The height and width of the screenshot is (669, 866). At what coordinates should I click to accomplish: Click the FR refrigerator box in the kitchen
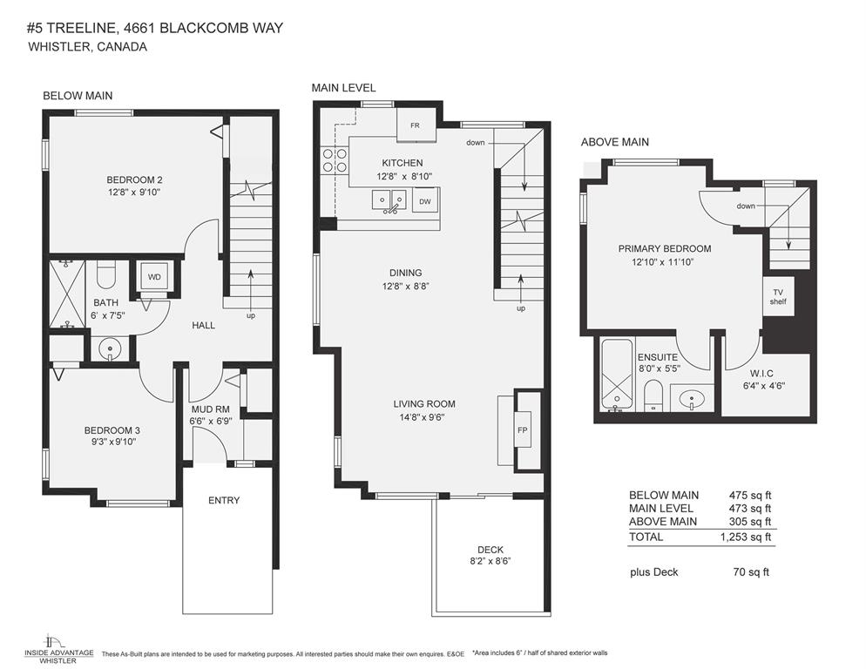(416, 125)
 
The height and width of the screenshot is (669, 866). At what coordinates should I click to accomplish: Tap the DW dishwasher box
(424, 201)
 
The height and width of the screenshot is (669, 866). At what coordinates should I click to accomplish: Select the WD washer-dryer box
(154, 278)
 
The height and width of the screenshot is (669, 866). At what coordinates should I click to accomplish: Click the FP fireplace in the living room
(523, 431)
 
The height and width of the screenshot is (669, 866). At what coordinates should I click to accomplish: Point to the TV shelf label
(777, 297)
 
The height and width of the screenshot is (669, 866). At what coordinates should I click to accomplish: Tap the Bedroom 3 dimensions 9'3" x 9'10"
(112, 442)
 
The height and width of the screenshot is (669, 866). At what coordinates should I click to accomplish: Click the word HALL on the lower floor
(203, 325)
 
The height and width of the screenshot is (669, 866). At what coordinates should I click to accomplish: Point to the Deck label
(490, 550)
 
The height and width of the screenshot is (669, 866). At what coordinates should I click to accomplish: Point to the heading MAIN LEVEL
(343, 88)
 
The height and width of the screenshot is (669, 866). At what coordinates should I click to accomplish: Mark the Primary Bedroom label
(665, 248)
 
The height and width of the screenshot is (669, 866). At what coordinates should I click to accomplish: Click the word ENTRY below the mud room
(224, 500)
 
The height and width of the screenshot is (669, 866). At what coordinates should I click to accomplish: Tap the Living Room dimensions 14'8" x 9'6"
(424, 416)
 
